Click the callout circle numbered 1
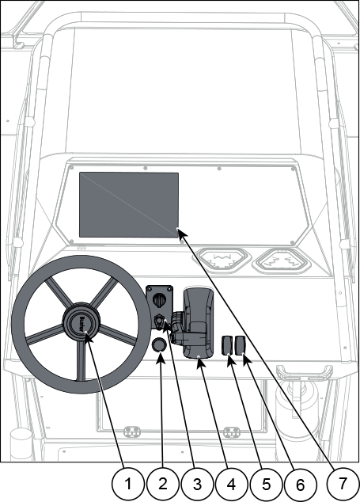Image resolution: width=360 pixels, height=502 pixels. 127,484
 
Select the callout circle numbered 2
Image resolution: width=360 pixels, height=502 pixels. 162,484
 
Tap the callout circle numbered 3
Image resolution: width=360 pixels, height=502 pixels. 197,484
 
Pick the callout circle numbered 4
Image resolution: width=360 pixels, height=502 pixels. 232,484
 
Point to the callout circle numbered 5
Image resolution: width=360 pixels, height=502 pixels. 266,484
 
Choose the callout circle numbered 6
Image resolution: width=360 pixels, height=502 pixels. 301,484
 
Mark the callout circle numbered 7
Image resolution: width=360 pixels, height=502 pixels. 343,484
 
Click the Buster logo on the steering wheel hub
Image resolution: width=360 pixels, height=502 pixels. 81,323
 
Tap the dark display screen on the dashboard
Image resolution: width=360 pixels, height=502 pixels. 129,205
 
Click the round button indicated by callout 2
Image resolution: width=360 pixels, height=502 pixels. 159,345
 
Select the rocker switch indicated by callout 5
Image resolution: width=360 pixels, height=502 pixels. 228,345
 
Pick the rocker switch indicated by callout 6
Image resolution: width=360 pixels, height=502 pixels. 240,345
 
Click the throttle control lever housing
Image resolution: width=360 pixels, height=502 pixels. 198,323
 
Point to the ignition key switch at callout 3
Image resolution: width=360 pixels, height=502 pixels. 159,321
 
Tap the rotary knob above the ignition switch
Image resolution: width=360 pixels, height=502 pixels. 159,300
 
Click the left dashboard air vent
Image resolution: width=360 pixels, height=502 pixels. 222,260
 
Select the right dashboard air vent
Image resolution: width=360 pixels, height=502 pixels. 282,260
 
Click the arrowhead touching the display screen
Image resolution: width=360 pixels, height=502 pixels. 182,232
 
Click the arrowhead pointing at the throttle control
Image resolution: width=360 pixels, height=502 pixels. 201,363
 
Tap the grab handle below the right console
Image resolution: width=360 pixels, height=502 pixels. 305,372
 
